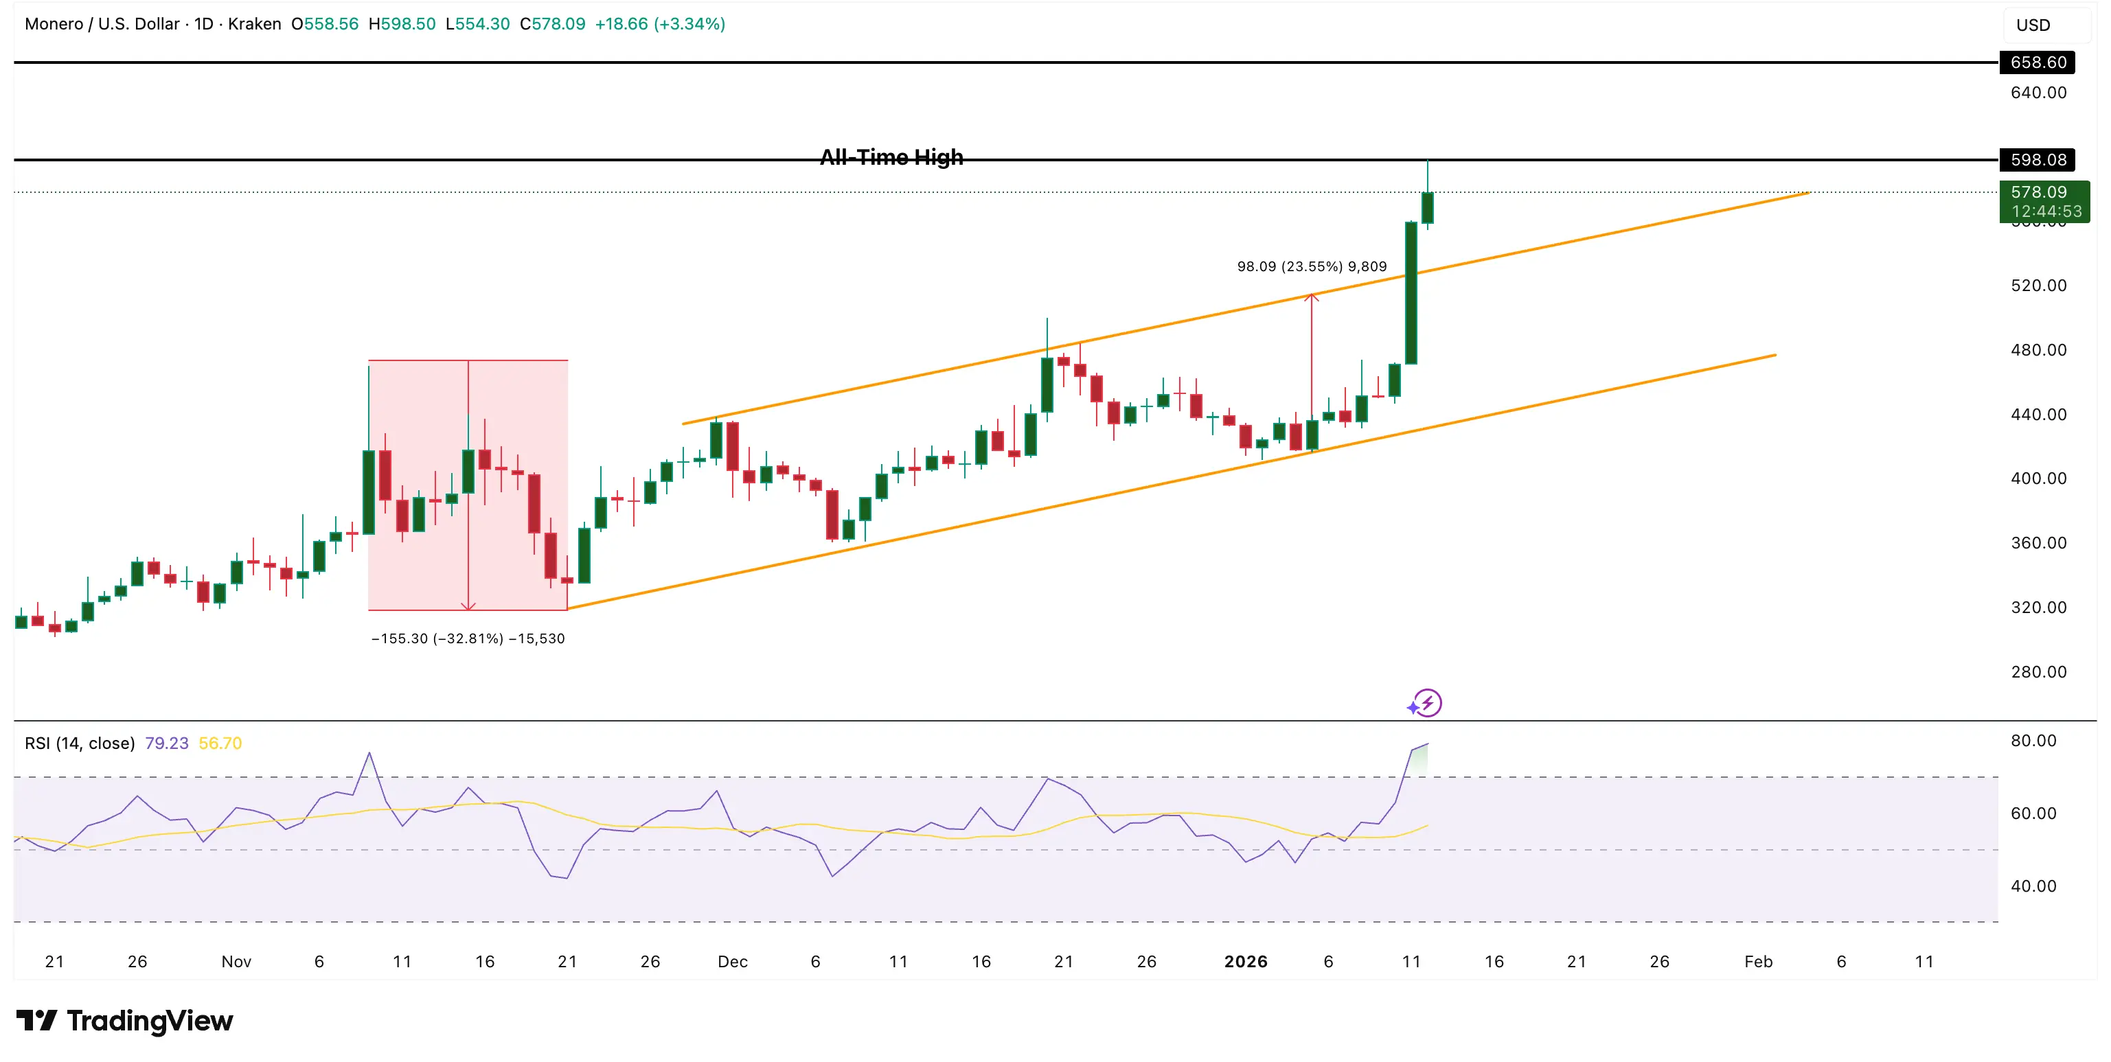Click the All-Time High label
(891, 157)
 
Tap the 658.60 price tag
(2038, 62)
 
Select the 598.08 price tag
(2038, 160)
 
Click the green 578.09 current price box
(2044, 200)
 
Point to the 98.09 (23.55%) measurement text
(1311, 266)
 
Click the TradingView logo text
(149, 1021)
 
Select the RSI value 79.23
(166, 743)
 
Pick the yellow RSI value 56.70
(220, 743)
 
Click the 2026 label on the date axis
(1245, 961)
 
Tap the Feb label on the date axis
(1758, 961)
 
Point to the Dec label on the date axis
(732, 961)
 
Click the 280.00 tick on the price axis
(2038, 672)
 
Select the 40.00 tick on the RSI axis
(2033, 886)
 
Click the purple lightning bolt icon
(1428, 703)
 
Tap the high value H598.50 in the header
(402, 24)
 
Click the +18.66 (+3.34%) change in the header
(660, 24)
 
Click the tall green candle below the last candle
(1411, 292)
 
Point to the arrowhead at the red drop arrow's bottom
(468, 606)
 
